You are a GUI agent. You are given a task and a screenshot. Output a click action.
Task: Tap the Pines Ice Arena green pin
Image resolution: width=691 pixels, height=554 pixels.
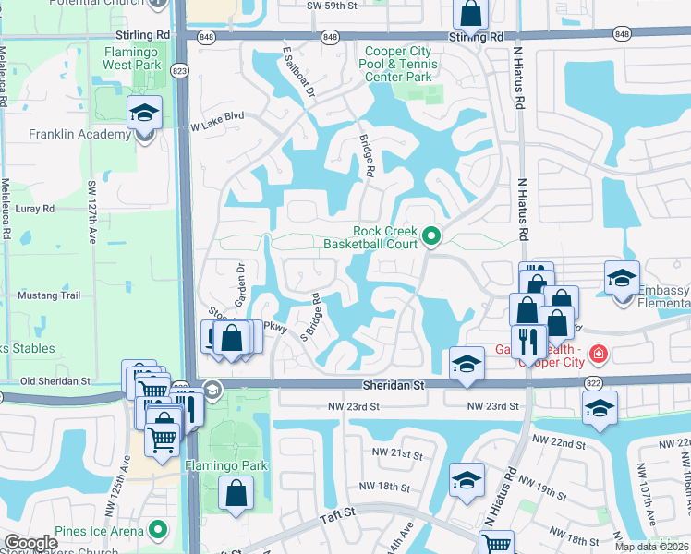click(159, 530)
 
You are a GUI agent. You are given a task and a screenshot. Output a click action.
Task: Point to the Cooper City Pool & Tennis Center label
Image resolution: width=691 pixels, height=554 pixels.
click(398, 65)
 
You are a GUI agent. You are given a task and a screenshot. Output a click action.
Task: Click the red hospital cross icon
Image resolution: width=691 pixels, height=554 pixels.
click(599, 354)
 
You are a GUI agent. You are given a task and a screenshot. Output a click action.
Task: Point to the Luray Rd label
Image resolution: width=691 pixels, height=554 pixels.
click(35, 210)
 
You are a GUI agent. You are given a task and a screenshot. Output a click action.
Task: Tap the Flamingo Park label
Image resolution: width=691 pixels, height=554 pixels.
click(225, 465)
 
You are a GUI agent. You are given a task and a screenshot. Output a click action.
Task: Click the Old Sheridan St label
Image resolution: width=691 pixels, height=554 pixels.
click(55, 380)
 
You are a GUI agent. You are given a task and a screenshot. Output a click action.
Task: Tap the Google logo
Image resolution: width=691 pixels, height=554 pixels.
click(30, 543)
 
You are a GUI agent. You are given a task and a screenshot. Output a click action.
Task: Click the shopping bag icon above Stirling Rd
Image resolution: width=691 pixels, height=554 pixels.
click(470, 15)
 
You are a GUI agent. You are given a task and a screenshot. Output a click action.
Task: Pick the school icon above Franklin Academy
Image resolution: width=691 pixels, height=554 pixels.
click(145, 113)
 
